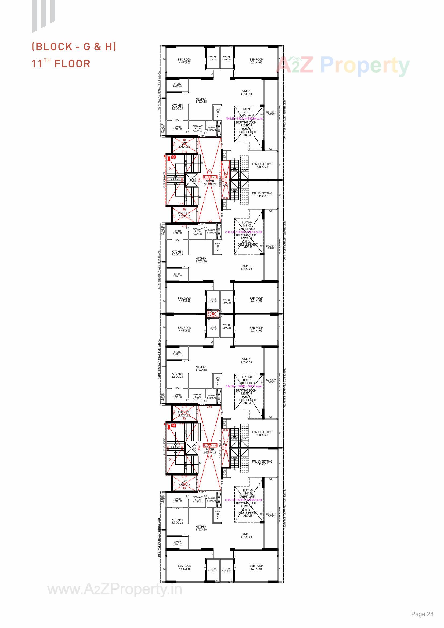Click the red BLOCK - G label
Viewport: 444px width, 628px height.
coord(210,177)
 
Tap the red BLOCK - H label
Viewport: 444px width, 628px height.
coord(210,445)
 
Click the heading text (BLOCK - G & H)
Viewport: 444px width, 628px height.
coord(74,47)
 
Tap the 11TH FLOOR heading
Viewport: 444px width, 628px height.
coord(61,63)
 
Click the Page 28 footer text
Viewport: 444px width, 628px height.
coord(422,614)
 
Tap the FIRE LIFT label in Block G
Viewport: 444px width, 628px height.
coord(183,213)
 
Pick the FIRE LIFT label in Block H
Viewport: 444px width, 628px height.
coord(183,412)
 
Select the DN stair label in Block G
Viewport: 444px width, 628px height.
coord(202,163)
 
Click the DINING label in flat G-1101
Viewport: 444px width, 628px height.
coord(246,91)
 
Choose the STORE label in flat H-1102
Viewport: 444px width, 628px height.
coord(178,542)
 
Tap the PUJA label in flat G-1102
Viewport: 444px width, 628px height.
coord(217,243)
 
